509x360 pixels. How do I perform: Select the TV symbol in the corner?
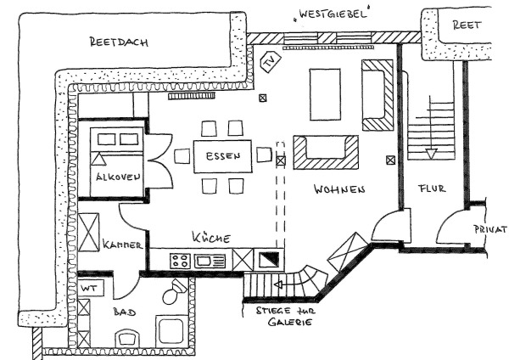[271, 62]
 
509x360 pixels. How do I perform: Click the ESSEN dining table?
[223, 155]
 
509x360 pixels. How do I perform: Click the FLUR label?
[432, 188]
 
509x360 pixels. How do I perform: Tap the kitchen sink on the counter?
[207, 261]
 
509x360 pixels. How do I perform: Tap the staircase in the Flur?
[433, 127]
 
